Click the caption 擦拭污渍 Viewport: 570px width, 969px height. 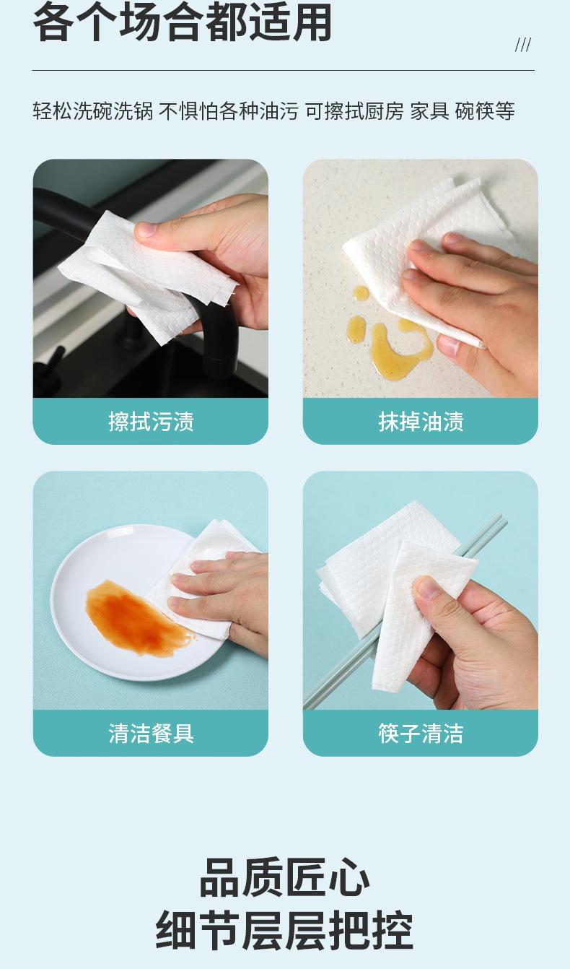point(151,422)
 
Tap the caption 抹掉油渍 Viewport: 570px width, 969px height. point(421,422)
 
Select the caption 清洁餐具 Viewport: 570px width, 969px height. point(151,733)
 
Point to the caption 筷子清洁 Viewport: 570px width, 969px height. point(421,733)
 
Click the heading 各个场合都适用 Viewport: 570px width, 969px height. point(183,22)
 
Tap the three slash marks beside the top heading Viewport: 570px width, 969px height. point(523,45)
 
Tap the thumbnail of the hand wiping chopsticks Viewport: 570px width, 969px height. point(421,590)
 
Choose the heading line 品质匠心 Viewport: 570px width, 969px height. point(285,877)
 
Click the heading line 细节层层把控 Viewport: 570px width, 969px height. point(285,929)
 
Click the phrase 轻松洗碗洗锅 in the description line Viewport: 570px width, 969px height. point(93,111)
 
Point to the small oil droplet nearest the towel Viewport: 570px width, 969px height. point(361,293)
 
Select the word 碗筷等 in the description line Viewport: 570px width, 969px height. point(485,111)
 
